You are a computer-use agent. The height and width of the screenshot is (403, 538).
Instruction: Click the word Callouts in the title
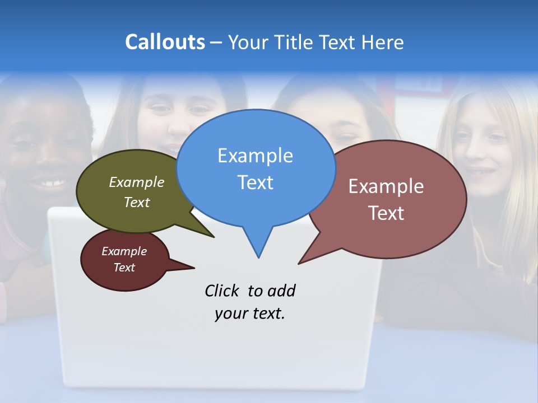coord(165,42)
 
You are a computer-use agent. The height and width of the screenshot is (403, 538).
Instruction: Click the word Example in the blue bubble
coord(255,156)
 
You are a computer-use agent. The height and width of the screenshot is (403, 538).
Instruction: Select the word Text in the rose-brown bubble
coord(386,213)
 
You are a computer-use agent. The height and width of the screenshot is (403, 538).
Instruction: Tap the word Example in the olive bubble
coord(136,182)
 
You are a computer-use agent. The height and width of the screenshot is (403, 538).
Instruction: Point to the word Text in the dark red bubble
coord(124,268)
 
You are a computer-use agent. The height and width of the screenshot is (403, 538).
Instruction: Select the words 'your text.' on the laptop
coord(250,314)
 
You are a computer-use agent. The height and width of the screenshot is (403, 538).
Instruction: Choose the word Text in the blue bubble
coord(255,182)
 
